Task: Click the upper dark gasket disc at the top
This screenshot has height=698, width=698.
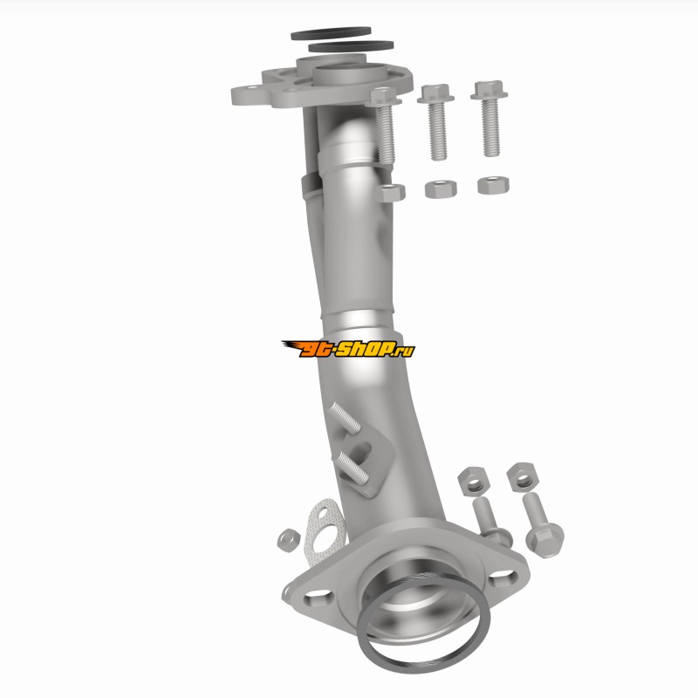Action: click(x=331, y=33)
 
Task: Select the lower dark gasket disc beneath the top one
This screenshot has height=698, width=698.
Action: click(x=351, y=46)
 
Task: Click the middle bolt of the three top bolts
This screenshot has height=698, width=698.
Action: click(x=436, y=121)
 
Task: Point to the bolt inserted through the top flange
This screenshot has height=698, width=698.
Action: click(x=384, y=125)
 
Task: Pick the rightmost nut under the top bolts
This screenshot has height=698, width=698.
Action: click(x=493, y=185)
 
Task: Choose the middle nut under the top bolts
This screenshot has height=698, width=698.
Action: click(x=441, y=188)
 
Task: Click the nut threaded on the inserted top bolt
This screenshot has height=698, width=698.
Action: click(x=391, y=193)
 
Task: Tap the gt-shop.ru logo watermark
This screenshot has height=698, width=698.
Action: click(x=348, y=349)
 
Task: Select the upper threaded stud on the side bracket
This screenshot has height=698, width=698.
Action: click(x=346, y=418)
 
